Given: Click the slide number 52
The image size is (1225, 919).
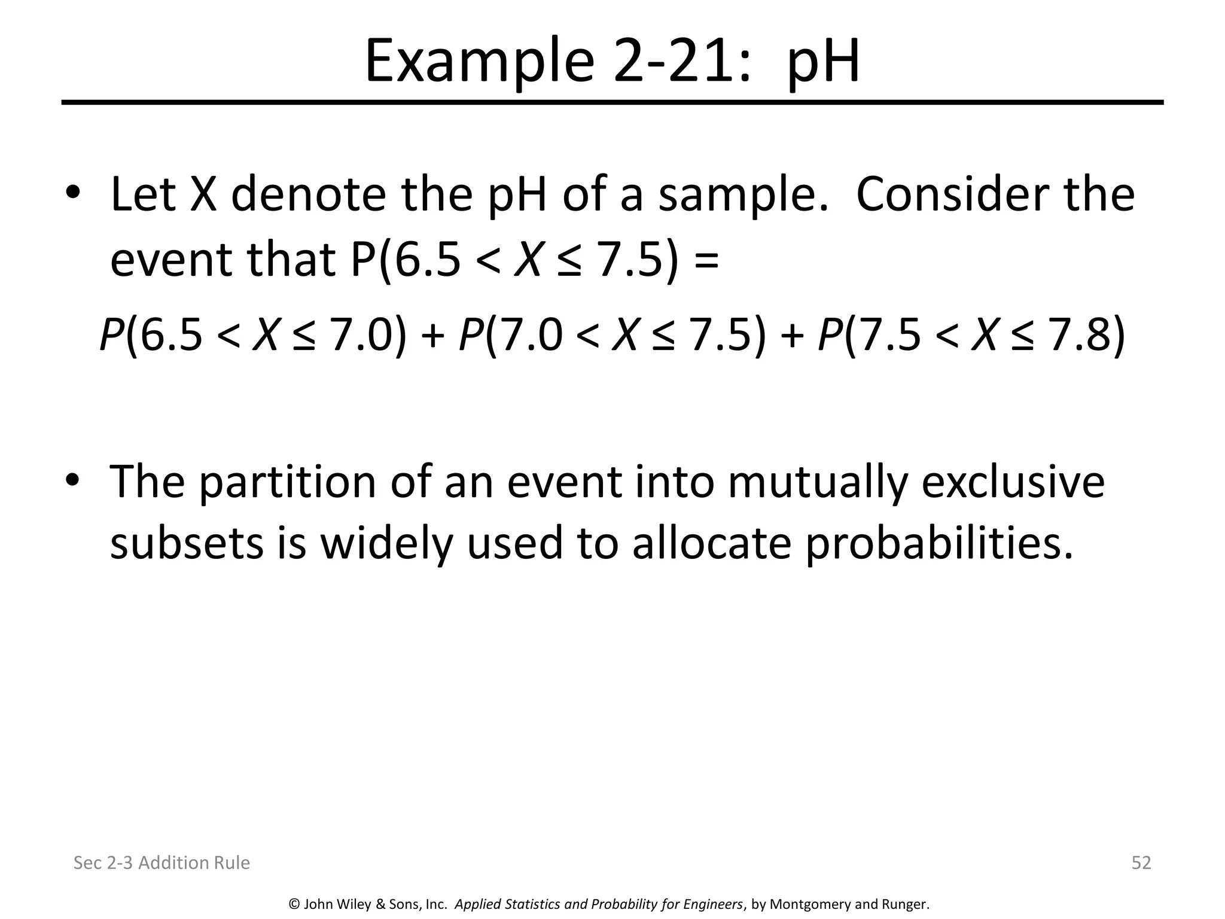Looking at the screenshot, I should click(1141, 862).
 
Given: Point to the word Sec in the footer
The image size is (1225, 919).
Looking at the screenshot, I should click(86, 862).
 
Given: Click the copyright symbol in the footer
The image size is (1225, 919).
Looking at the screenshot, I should click(294, 904).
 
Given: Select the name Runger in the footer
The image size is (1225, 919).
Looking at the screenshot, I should click(904, 904).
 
